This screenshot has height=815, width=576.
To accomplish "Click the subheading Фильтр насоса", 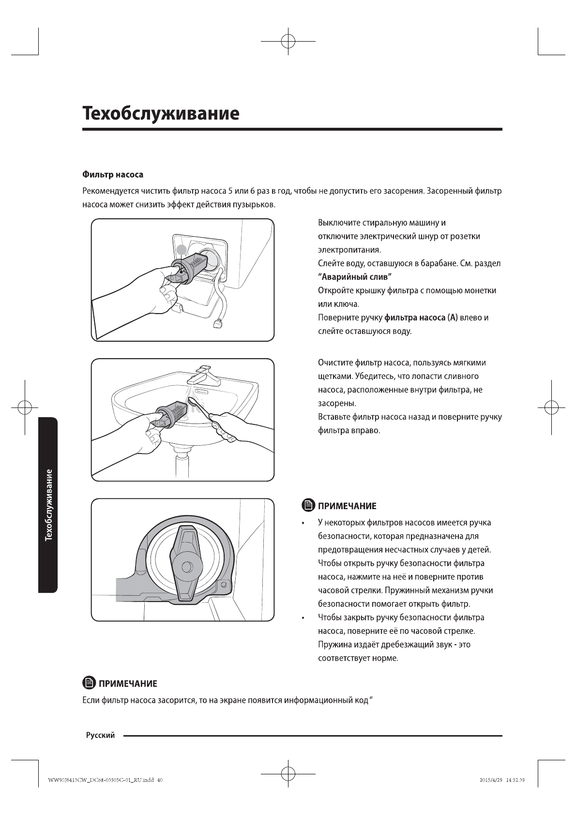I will click(112, 174).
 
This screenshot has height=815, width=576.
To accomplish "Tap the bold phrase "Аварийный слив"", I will click(354, 277).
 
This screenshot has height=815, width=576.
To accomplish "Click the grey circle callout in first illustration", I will click(181, 250).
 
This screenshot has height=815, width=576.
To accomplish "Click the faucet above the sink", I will click(207, 375).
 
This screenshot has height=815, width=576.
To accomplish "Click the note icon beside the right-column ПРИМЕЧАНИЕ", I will click(308, 506).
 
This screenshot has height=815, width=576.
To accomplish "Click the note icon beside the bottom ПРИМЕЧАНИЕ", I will click(89, 683).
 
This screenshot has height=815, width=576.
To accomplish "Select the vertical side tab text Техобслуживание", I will click(48, 505).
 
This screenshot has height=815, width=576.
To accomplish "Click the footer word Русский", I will click(100, 736).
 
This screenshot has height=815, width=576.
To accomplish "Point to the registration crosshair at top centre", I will click(288, 42).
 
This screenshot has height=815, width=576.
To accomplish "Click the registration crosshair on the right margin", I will click(551, 407).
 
